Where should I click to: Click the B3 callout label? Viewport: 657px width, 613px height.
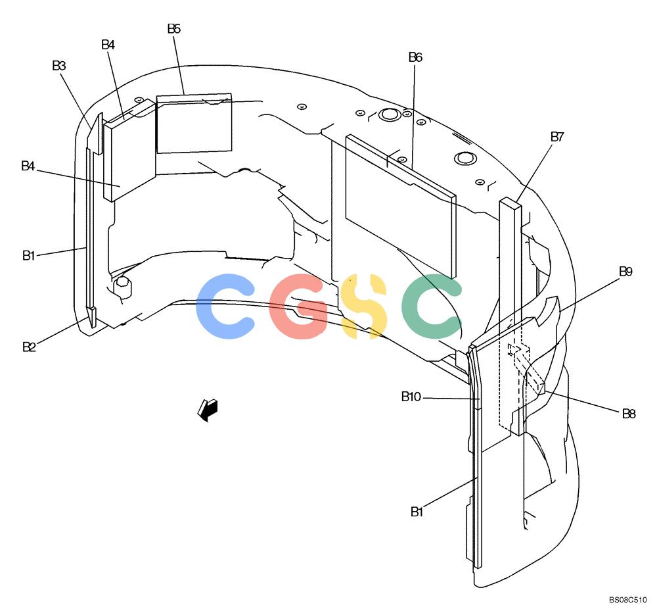coord(59,66)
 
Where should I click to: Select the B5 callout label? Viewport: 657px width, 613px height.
coord(174,28)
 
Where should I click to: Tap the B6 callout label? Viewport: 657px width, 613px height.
coord(415,57)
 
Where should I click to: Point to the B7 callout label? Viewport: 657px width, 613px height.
coord(557,137)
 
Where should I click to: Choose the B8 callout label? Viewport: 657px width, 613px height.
coord(629,414)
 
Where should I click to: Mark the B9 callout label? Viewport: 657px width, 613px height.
coord(625,272)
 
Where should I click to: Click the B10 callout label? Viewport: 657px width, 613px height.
coord(411,397)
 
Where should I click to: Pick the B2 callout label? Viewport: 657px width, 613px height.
coord(29,347)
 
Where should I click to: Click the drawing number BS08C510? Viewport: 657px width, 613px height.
coord(627,600)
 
